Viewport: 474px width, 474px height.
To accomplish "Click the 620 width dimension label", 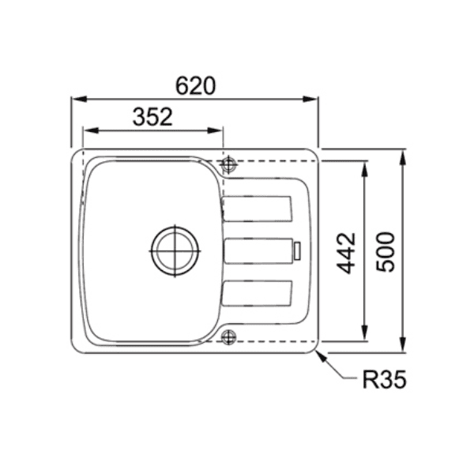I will (194, 86).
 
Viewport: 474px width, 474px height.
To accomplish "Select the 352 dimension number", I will (152, 117).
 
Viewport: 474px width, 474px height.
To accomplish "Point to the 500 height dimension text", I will (385, 251).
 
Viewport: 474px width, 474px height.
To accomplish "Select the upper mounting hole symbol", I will (229, 165).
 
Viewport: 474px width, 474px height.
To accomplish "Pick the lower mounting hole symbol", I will (229, 337).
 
